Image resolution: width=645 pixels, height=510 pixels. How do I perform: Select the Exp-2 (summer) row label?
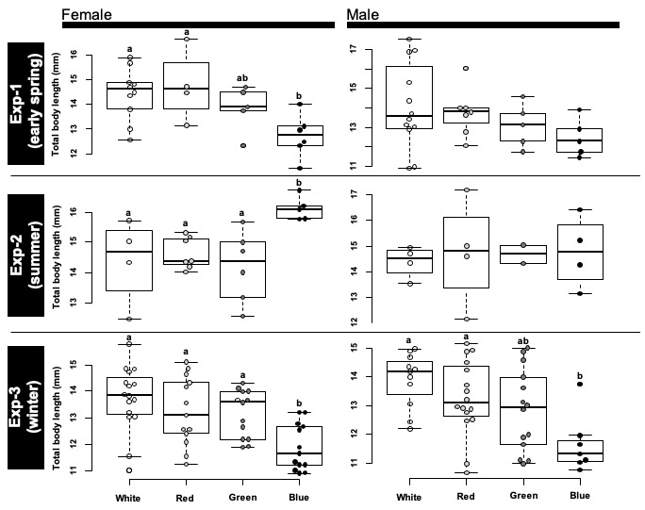(25, 254)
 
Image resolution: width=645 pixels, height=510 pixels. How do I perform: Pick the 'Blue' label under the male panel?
(579, 495)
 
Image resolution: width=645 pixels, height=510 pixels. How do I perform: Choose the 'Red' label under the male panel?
(466, 495)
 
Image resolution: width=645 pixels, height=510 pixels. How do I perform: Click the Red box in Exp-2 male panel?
(466, 252)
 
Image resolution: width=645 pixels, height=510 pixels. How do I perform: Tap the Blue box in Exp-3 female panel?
(301, 446)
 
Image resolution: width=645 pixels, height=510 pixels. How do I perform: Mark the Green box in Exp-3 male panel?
(522, 410)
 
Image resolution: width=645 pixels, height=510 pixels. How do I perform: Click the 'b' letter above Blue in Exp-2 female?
(301, 183)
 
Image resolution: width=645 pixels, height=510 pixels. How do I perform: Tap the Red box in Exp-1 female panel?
(186, 86)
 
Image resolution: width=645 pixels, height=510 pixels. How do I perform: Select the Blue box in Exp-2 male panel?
(579, 252)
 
